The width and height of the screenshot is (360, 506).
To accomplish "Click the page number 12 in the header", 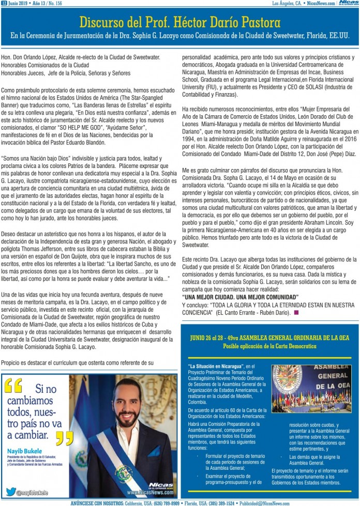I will click(4, 3).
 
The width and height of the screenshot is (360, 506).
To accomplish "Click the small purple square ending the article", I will click(296, 312).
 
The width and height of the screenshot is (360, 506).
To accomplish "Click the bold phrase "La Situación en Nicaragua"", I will click(214, 366).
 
